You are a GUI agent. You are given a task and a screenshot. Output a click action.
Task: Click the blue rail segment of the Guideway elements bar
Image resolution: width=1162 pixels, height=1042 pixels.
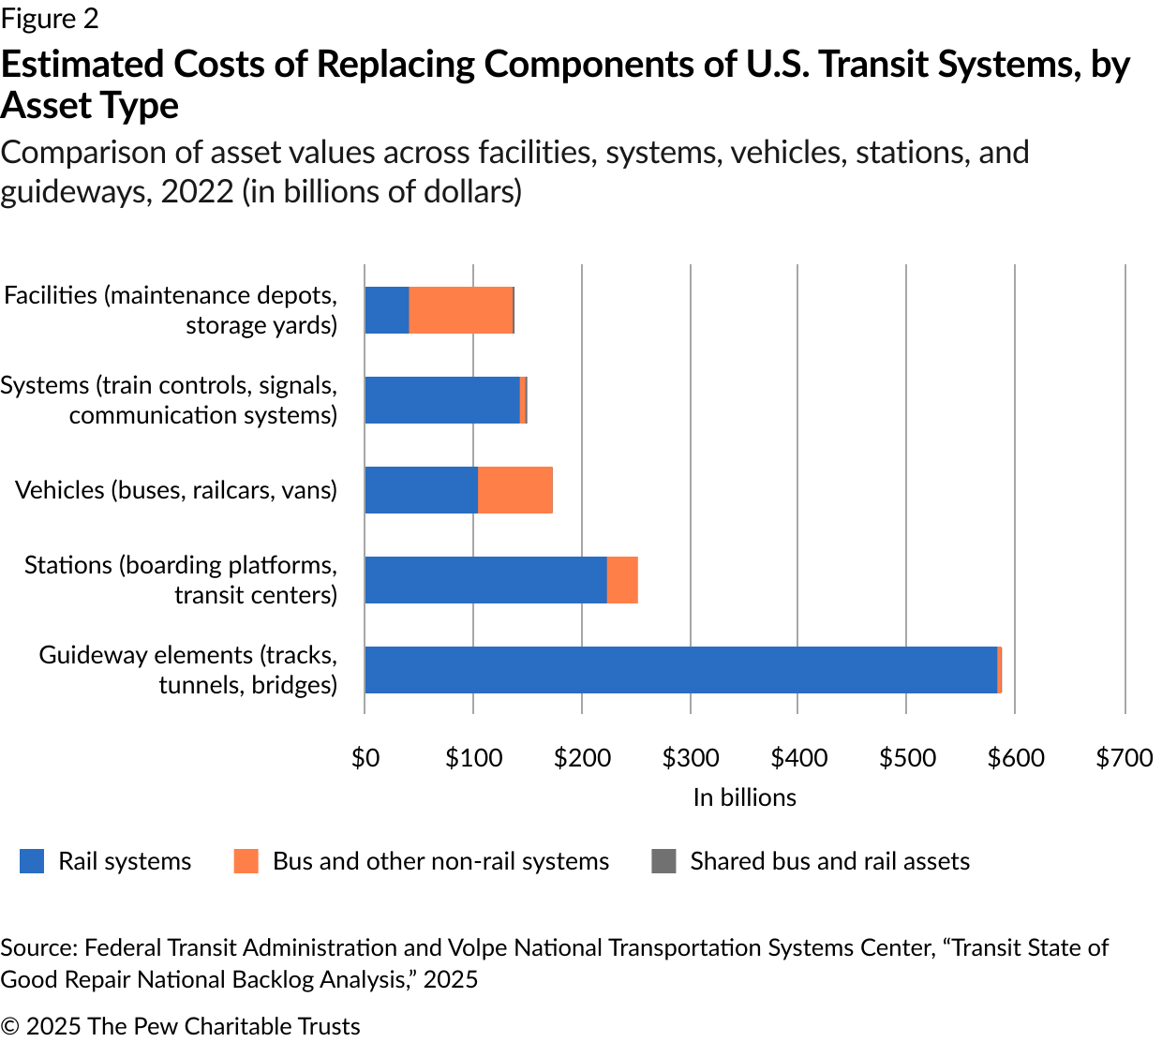680,670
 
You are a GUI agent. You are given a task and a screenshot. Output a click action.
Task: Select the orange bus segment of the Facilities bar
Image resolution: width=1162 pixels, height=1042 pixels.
461,310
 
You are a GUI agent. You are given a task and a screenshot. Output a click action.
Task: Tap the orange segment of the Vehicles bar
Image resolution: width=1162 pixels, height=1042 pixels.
514,490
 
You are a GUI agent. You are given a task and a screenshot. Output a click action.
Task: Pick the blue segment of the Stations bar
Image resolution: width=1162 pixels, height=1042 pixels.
485,580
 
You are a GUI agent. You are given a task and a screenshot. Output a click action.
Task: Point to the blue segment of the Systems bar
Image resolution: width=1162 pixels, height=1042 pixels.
441,400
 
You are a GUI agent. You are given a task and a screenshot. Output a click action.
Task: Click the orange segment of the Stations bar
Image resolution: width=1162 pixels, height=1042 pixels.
622,580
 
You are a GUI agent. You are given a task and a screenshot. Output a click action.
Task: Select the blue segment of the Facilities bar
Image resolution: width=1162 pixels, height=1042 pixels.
387,310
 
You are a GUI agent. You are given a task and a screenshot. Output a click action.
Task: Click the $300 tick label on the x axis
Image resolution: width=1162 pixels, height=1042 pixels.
691,758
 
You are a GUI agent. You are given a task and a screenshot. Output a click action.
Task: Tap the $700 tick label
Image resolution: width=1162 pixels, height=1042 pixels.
1125,758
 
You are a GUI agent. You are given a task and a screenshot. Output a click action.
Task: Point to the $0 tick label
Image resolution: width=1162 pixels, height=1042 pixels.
365,758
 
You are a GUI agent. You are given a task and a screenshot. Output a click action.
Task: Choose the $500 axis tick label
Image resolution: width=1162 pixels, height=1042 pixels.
907,758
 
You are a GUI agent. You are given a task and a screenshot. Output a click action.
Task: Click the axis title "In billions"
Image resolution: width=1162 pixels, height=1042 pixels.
744,797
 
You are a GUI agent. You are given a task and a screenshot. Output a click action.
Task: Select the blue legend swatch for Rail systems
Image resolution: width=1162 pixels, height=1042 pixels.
32,861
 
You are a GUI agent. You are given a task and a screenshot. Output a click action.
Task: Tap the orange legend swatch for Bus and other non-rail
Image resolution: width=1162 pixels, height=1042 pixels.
246,861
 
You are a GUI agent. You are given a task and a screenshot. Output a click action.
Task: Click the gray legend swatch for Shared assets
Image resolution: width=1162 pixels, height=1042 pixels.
663,861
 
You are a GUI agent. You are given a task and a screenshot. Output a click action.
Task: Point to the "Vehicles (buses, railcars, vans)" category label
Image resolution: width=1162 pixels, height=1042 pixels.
176,490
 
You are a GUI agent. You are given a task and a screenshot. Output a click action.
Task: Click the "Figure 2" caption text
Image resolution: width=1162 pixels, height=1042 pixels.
50,19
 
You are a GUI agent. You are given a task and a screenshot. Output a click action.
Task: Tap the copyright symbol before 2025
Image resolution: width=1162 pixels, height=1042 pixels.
10,1027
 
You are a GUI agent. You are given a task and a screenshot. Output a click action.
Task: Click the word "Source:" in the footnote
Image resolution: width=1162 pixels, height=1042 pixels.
38,948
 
